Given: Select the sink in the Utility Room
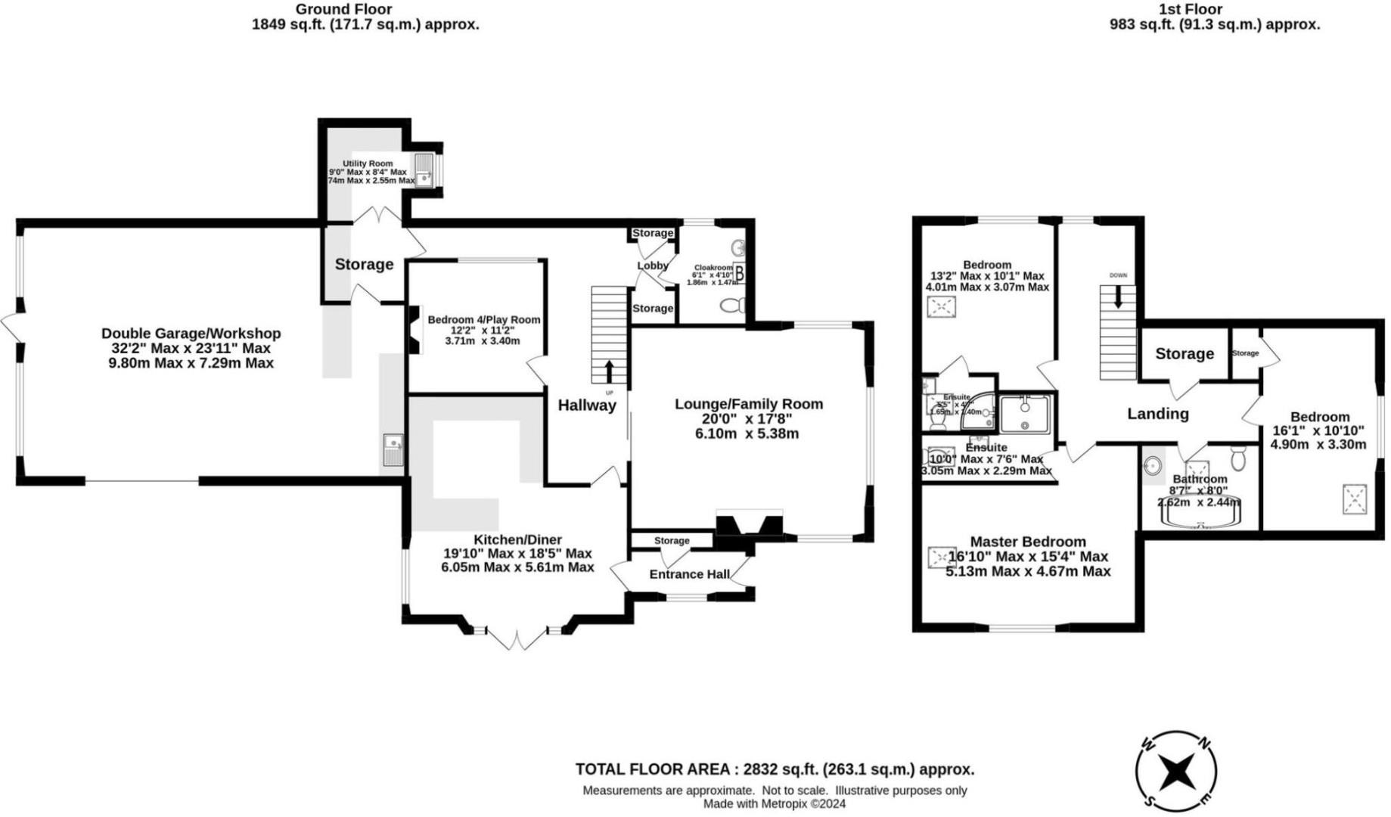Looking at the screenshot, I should click(x=424, y=171).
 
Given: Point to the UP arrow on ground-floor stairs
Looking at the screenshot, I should click(x=609, y=371).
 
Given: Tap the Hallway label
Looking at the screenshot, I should click(x=587, y=405).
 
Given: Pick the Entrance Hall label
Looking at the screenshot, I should click(x=689, y=574).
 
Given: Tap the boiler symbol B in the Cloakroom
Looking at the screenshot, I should click(x=739, y=274).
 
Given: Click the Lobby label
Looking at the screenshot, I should click(x=652, y=266).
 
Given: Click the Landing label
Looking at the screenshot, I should click(x=1158, y=414).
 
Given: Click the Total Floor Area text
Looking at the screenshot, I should click(x=775, y=769).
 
